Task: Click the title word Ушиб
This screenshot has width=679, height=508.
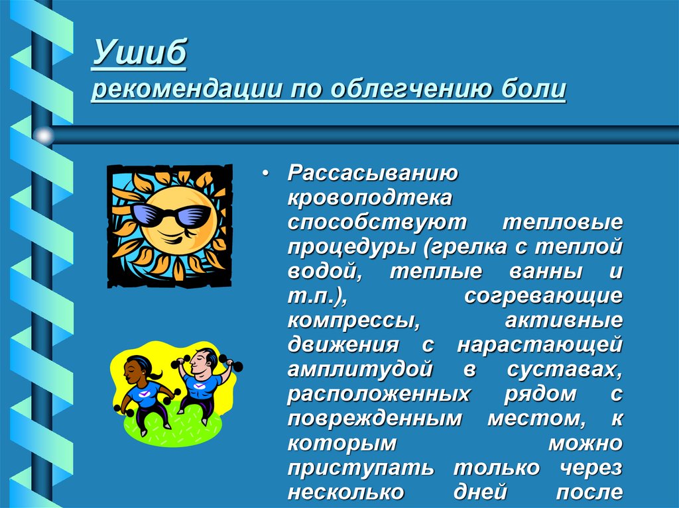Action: tap(139, 53)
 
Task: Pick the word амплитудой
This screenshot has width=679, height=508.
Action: tap(361, 369)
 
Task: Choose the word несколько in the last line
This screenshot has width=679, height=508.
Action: tap(345, 492)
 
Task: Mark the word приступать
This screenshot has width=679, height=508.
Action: tap(361, 468)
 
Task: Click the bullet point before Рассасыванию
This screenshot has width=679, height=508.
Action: tap(265, 174)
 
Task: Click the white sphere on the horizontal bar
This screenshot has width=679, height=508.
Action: tap(44, 136)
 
